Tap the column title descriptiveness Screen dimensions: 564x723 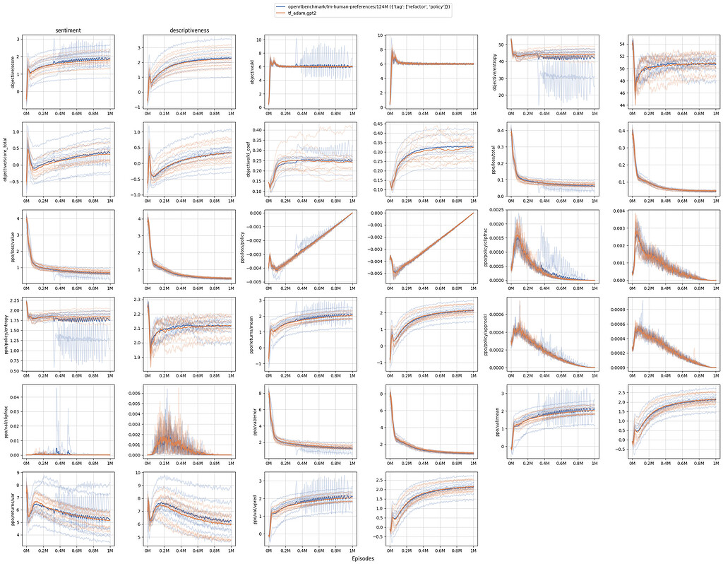(187, 30)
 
